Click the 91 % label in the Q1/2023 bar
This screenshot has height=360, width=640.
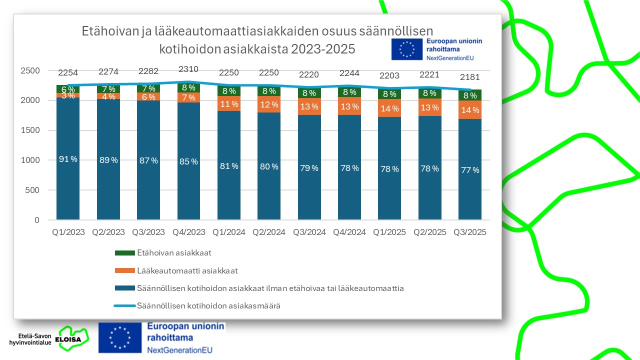coord(68,159)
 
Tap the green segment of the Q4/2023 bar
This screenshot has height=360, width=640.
coord(188,88)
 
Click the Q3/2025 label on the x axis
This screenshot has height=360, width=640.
coord(470,232)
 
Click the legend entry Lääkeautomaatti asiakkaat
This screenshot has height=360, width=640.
coord(187,271)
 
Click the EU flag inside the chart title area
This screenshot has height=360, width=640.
coord(406,49)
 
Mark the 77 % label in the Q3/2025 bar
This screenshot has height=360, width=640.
coord(470,170)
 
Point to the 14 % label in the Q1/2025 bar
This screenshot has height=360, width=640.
coord(389,108)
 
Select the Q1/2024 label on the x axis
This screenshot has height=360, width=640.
coord(229,232)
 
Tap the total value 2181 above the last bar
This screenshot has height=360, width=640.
coord(470,77)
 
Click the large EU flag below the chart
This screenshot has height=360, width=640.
coord(119,336)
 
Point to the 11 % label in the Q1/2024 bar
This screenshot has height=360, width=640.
coord(229,104)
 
